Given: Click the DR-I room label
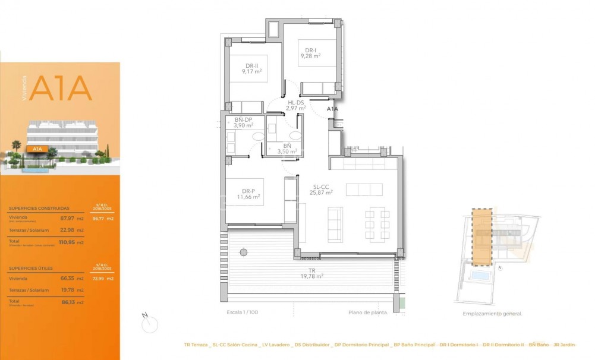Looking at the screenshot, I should pyautogui.click(x=310, y=53).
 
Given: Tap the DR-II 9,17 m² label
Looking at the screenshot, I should pyautogui.click(x=251, y=68).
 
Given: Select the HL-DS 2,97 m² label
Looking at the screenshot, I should pyautogui.click(x=295, y=105).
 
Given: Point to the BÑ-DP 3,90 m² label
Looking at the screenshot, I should pyautogui.click(x=243, y=123).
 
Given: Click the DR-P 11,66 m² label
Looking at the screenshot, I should pyautogui.click(x=248, y=194).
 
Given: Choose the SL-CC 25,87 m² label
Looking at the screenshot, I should pyautogui.click(x=322, y=189).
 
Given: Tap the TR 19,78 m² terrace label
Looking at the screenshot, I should pyautogui.click(x=311, y=273).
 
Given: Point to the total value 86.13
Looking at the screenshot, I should pyautogui.click(x=68, y=302).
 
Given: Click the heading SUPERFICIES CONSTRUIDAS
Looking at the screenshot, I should pyautogui.click(x=39, y=209).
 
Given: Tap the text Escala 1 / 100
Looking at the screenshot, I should pyautogui.click(x=242, y=312).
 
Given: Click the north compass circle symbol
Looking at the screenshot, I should pyautogui.click(x=151, y=324).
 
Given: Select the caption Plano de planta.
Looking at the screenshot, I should pyautogui.click(x=368, y=312).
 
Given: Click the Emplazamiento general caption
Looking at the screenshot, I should pyautogui.click(x=492, y=314).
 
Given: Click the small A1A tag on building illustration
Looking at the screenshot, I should pyautogui.click(x=37, y=149).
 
